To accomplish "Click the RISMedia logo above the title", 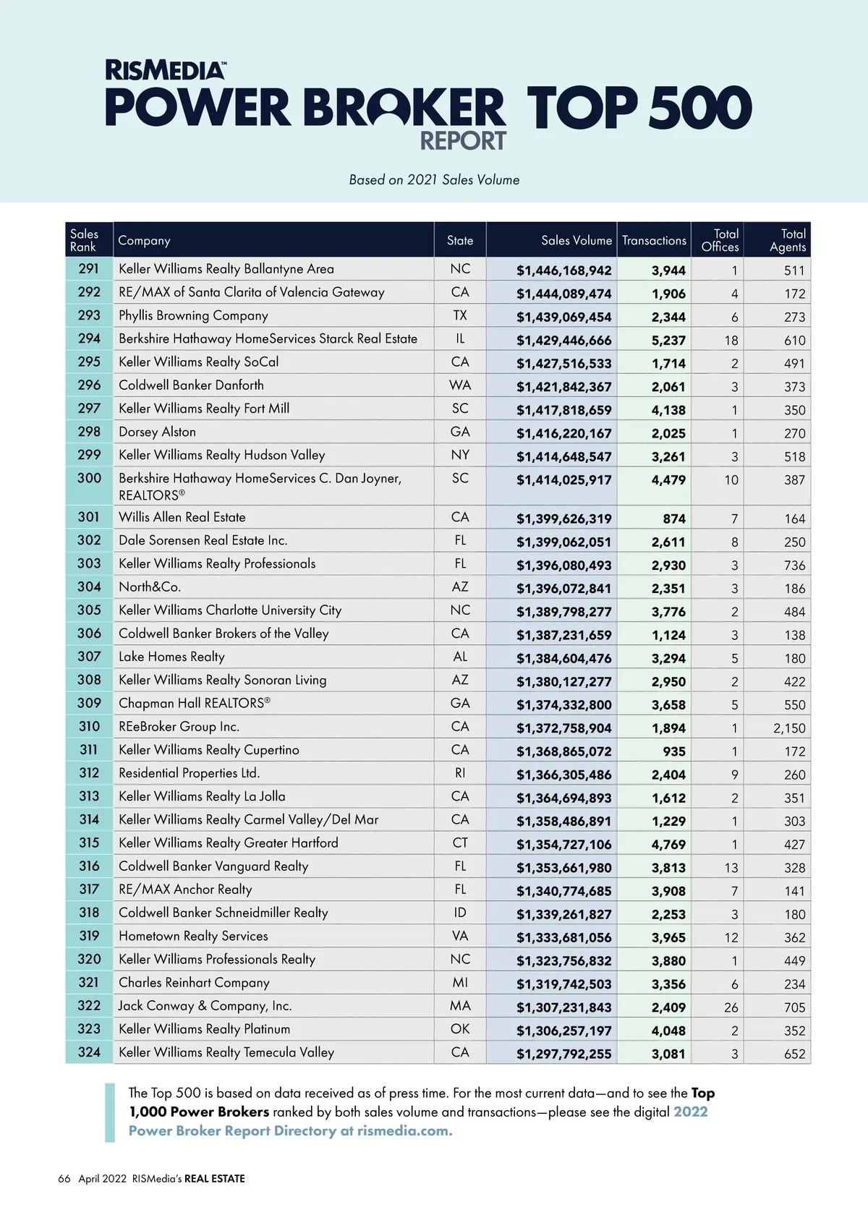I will point(165,70).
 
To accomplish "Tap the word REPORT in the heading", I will point(463,141).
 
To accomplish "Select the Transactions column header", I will point(654,241).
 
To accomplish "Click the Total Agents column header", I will point(787,240).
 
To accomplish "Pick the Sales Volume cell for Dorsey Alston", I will point(563,434).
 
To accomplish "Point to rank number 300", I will point(89,478).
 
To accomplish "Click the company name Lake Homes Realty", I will point(171,657).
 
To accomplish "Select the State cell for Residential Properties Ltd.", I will point(460,773).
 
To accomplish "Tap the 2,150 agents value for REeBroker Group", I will point(789,728).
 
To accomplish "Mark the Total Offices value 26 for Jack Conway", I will point(731,1007).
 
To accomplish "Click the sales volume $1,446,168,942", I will point(563,270).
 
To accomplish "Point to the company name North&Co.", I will point(150,587).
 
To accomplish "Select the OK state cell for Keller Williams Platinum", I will point(460,1028).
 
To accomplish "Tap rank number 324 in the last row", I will point(89,1052).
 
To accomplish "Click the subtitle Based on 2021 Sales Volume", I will point(434,180).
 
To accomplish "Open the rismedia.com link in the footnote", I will point(404,1131).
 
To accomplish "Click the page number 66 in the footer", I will point(64,1179).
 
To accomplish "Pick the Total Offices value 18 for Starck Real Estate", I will point(731,341).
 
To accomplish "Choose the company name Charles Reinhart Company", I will point(194,983).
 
